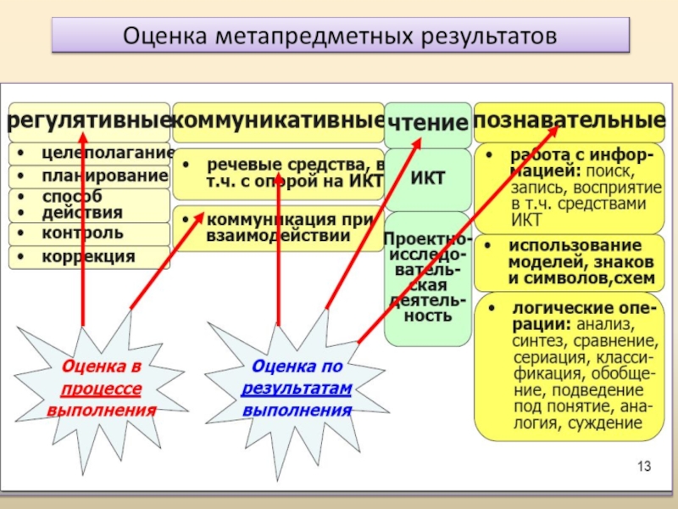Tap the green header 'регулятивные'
tap(89, 121)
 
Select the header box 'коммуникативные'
tap(278, 121)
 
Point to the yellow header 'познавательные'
tap(569, 120)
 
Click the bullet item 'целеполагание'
tap(89, 154)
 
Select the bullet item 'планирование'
tap(89, 176)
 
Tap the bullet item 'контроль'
tap(89, 232)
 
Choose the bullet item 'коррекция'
tap(89, 256)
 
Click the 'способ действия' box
tap(89, 204)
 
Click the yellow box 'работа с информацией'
tap(569, 188)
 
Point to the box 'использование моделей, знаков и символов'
tap(569, 262)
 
